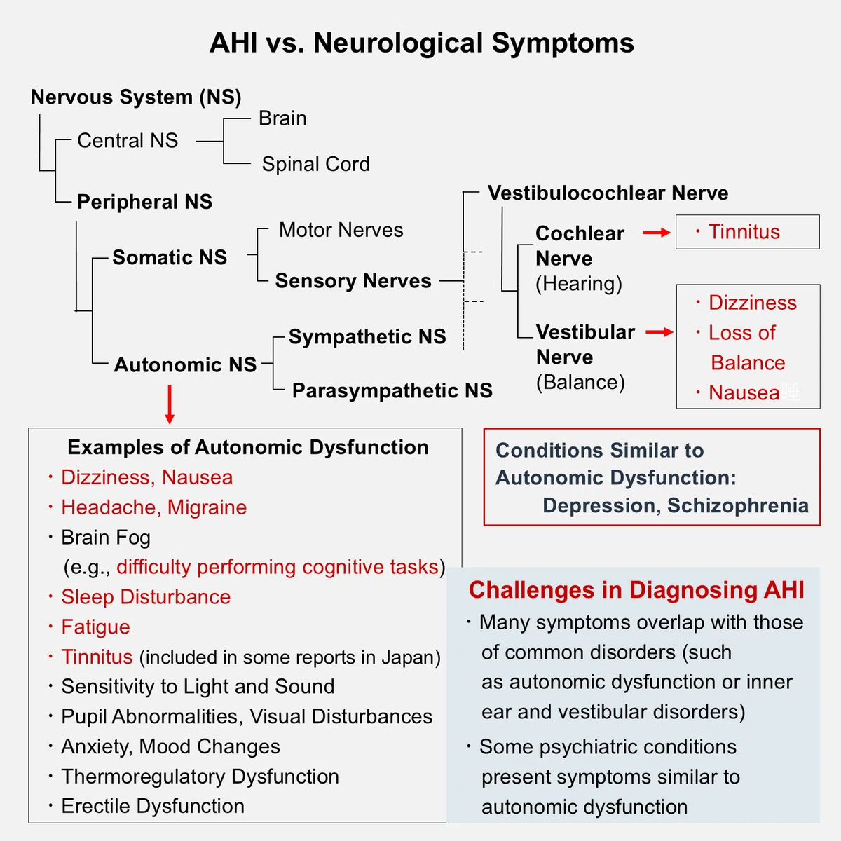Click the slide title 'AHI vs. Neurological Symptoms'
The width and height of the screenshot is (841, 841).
click(422, 43)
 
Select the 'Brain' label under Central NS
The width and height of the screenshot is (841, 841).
click(283, 118)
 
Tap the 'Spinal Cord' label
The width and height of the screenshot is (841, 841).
click(315, 164)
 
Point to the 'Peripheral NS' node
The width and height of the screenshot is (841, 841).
click(144, 202)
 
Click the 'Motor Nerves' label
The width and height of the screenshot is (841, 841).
click(341, 230)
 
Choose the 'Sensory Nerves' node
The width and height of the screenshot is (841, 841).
click(353, 280)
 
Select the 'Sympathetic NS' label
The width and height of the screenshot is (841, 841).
click(367, 336)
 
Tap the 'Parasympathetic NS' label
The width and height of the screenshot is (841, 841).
click(392, 390)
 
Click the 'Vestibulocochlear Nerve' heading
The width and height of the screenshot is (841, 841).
click(608, 193)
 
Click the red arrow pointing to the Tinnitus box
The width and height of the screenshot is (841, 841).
click(657, 233)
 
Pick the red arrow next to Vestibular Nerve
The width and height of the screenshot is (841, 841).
click(659, 333)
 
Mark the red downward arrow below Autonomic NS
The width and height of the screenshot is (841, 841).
click(170, 404)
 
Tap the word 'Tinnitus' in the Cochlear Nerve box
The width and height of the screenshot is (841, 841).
click(744, 232)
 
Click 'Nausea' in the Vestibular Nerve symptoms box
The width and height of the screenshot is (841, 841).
click(744, 392)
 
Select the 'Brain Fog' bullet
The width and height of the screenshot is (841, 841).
click(106, 538)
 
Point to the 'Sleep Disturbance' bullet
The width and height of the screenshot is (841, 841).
click(146, 597)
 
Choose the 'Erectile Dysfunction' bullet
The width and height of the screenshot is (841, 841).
click(153, 806)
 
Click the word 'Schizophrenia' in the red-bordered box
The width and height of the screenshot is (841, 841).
click(738, 505)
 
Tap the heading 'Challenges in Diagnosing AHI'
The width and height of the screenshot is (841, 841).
click(636, 590)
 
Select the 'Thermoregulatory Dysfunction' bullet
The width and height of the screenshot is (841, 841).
click(200, 777)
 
